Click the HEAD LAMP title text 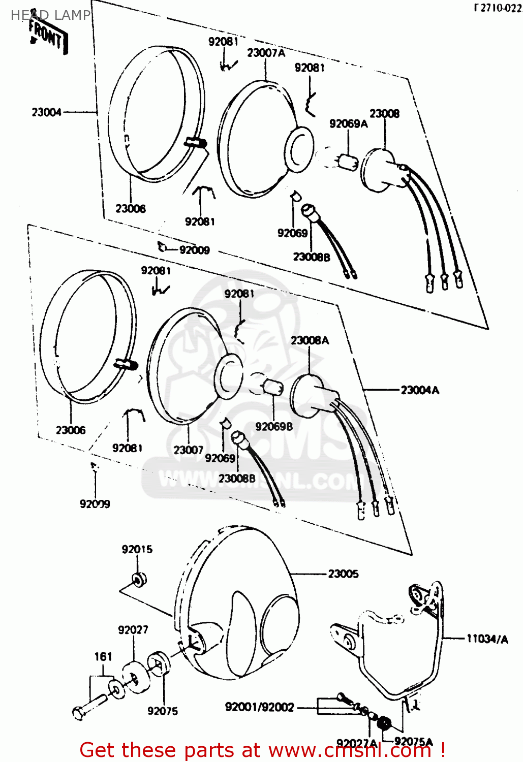click(50, 15)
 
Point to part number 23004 click(46, 112)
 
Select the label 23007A click(266, 53)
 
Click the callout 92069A click(348, 123)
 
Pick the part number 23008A click(310, 340)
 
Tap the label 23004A click(420, 390)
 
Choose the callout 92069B click(274, 427)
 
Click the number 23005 click(343, 574)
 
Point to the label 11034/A click(487, 639)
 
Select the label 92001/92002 click(259, 707)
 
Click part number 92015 click(137, 549)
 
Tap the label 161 click(103, 657)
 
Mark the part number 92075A click(413, 742)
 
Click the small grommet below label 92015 click(138, 579)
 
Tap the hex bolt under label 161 click(89, 708)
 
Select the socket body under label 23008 click(379, 170)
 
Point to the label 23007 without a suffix click(188, 450)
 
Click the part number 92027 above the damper click(133, 630)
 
